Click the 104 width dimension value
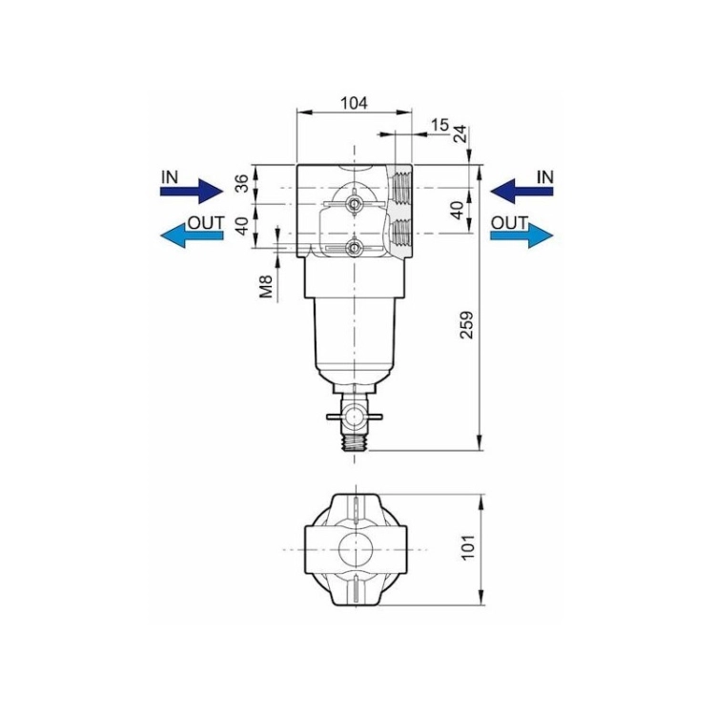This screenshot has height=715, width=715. click(354, 103)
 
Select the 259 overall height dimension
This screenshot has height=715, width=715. click(466, 325)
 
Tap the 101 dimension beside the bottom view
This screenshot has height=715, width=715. click(468, 547)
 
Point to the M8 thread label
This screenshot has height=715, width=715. click(266, 286)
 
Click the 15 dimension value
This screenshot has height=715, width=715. click(440, 125)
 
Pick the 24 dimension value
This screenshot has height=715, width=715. click(460, 133)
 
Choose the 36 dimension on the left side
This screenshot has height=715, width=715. click(244, 183)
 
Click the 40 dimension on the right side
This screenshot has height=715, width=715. click(458, 211)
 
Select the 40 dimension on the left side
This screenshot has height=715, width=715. click(244, 226)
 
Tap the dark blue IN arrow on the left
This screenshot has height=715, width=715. click(192, 191)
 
